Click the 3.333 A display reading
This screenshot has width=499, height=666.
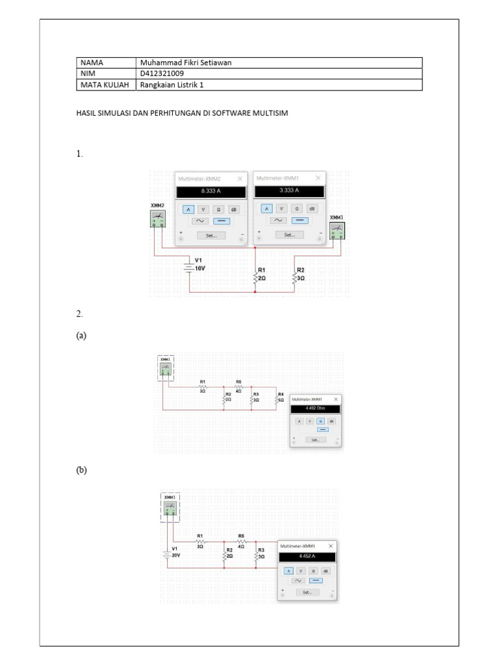coord(289,191)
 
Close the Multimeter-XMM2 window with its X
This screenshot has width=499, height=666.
coord(240,178)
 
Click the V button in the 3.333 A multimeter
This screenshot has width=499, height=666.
coord(281,208)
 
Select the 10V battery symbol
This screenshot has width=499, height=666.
coord(189,267)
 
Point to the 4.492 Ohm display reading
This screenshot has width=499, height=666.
coord(314,409)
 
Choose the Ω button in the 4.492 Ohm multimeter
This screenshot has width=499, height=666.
coord(320,421)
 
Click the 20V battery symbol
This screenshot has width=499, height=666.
coord(167,554)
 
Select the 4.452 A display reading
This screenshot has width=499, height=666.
coord(307,557)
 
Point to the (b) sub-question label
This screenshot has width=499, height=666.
coord(81,470)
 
